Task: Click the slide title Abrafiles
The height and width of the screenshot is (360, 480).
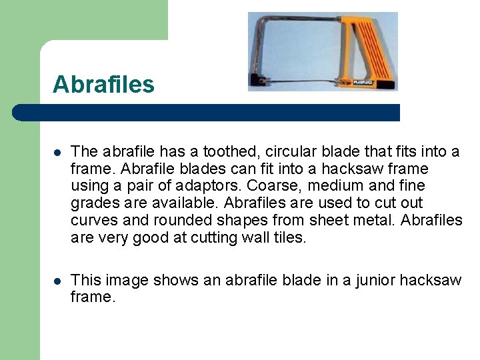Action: pyautogui.click(x=103, y=85)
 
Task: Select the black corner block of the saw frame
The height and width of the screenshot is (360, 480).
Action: pyautogui.click(x=256, y=82)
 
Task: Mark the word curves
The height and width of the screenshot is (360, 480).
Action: pyautogui.click(x=93, y=221)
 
